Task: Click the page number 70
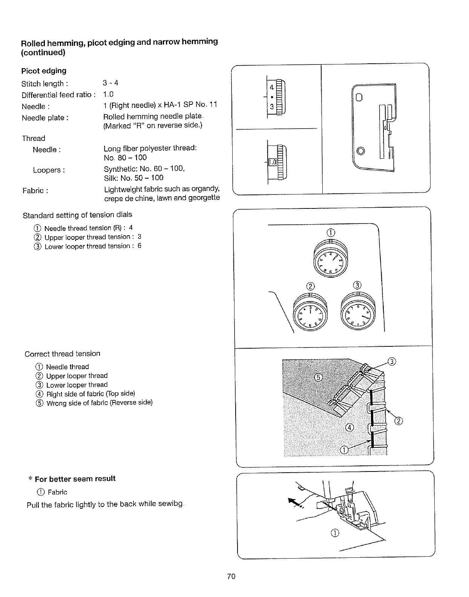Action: (x=231, y=576)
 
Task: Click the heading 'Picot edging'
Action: (x=44, y=71)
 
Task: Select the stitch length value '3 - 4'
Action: (x=110, y=83)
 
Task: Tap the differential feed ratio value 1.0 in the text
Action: (x=108, y=94)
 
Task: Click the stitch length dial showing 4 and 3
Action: (x=277, y=97)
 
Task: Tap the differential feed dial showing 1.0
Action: (x=277, y=162)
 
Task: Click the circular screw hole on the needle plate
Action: (x=361, y=151)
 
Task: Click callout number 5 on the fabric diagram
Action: (x=318, y=378)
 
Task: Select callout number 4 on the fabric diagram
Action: (x=349, y=427)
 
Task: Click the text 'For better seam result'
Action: (x=75, y=479)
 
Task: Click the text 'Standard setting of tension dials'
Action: (x=77, y=215)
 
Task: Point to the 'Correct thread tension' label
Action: (x=63, y=354)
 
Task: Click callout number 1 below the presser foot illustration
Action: (x=335, y=532)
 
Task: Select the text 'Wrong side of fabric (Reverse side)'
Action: (x=99, y=403)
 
